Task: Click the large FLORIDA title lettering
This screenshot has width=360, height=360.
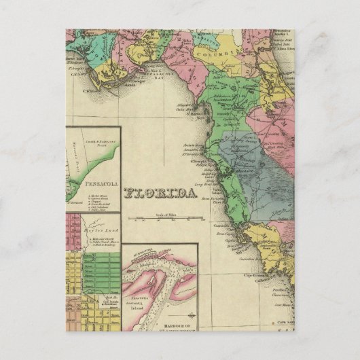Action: (x=162, y=193)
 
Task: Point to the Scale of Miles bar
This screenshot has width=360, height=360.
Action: (x=170, y=218)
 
